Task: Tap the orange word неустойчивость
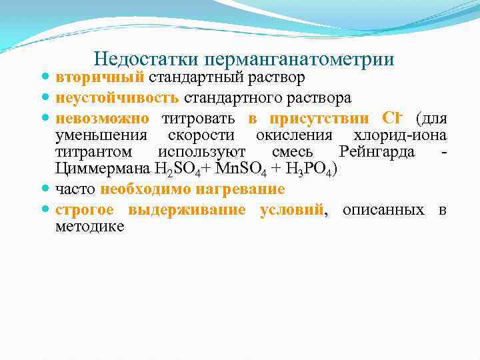pyautogui.click(x=117, y=98)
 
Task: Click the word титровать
pyautogui.click(x=199, y=119)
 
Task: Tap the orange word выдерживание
pyautogui.click(x=187, y=210)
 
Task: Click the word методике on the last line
pyautogui.click(x=89, y=227)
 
